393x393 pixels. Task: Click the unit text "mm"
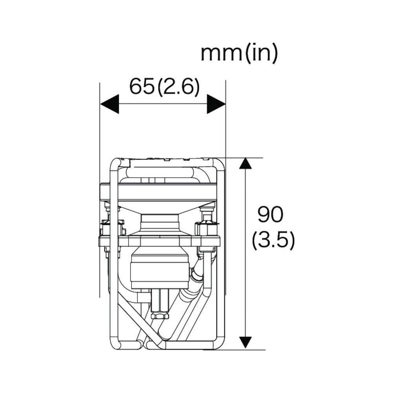[221, 53]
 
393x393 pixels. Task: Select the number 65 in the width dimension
[141, 87]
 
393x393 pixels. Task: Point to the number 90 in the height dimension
[270, 215]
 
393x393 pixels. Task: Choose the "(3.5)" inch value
[273, 240]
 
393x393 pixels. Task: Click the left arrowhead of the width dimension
[110, 104]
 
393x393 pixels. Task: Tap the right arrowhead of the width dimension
[216, 104]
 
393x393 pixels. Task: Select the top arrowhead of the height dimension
[245, 163]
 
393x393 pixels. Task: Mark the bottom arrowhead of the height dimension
[245, 342]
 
